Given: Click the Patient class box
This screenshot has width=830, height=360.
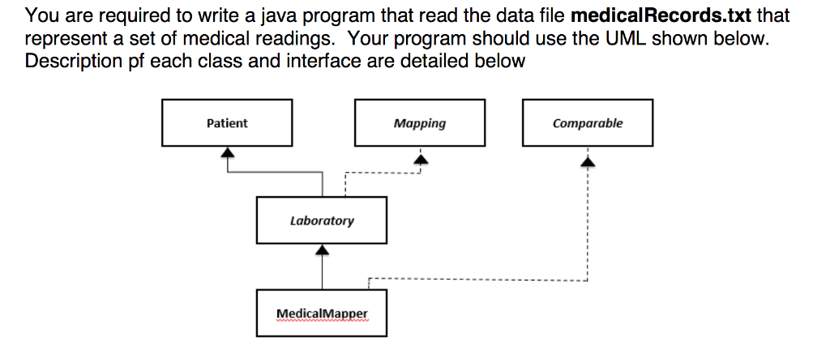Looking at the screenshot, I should tap(227, 123).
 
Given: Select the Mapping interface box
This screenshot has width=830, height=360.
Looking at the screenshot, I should tap(419, 123).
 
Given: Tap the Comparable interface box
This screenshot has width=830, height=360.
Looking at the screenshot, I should tap(588, 123).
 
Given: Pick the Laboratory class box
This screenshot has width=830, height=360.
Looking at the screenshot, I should tap(322, 220).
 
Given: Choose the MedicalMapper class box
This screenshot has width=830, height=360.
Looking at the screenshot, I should tap(322, 313).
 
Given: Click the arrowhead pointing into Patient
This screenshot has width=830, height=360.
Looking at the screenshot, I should tap(228, 152).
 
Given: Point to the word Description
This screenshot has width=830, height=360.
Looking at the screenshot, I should tap(74, 61).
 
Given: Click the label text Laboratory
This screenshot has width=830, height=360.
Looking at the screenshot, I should tap(322, 221).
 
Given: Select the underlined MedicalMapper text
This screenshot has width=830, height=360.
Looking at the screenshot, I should tap(322, 314).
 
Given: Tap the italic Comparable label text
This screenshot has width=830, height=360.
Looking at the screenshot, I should tap(588, 123).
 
